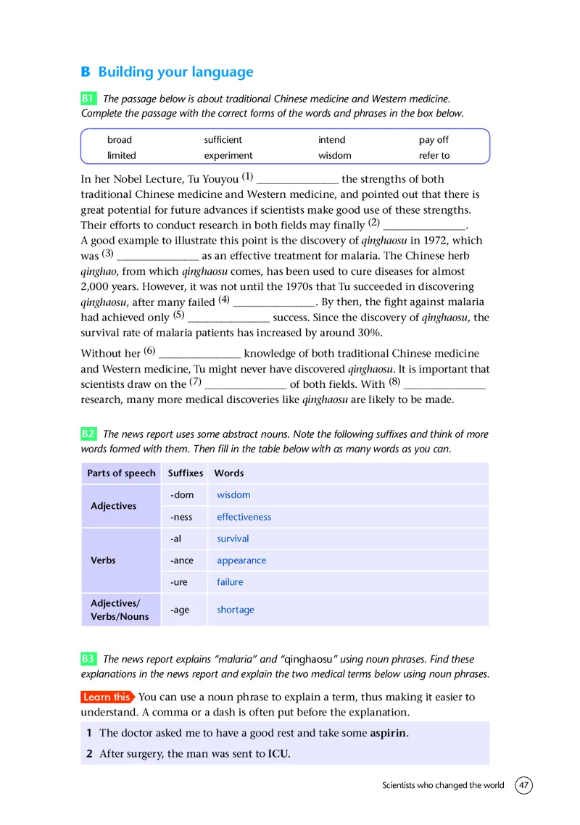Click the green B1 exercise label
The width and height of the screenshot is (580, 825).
(x=88, y=98)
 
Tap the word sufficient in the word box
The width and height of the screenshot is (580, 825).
(x=223, y=139)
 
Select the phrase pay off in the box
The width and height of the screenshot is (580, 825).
(x=434, y=139)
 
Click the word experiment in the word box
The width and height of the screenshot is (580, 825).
(x=228, y=155)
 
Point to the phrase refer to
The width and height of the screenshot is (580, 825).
(x=434, y=155)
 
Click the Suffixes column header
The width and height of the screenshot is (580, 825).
(x=186, y=473)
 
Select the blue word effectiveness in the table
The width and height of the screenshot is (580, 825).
(x=244, y=517)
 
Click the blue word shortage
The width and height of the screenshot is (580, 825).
(x=236, y=610)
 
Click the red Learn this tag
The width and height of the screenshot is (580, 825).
(x=107, y=697)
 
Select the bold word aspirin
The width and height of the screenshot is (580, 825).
(x=389, y=733)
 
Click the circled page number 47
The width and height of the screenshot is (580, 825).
(x=524, y=786)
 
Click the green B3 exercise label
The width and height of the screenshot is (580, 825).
(x=88, y=659)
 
